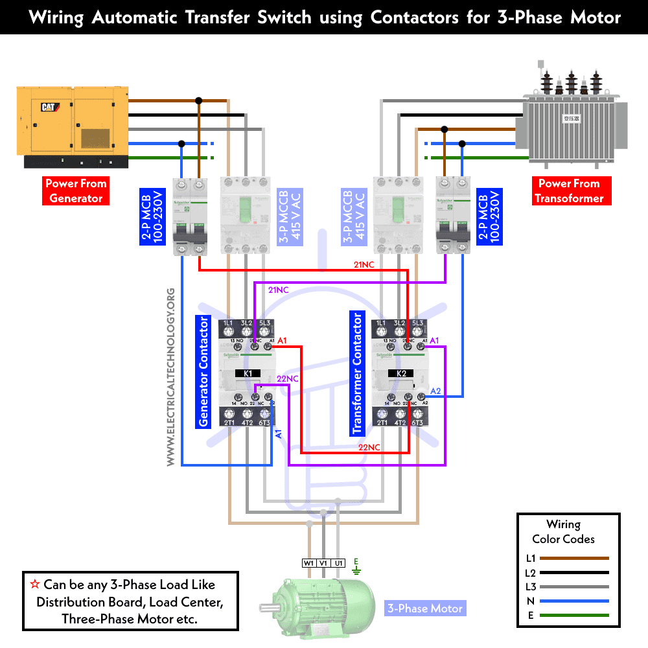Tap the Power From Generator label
[76, 191]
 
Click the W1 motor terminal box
[308, 563]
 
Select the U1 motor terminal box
[338, 563]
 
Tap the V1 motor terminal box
[323, 563]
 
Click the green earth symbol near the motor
[356, 568]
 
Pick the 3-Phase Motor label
[425, 608]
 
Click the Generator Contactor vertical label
[203, 371]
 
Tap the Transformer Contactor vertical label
[357, 373]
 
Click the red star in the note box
[36, 584]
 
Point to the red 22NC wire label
[369, 447]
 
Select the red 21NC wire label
[364, 264]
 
